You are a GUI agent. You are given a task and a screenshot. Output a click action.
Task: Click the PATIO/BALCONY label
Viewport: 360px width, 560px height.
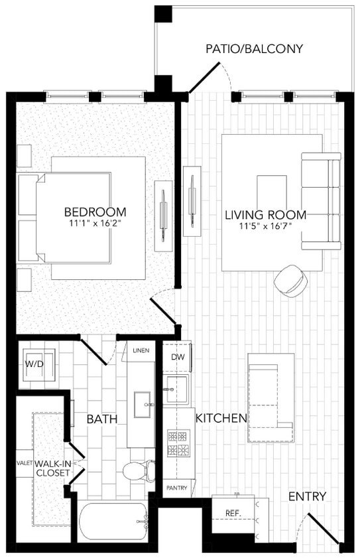click(x=254, y=48)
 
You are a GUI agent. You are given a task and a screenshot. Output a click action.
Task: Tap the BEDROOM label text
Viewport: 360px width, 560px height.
click(x=95, y=212)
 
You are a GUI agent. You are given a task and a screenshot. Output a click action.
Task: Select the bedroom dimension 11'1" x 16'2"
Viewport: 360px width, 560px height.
click(x=95, y=224)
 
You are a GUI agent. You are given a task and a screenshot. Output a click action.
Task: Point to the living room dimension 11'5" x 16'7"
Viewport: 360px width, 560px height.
click(x=265, y=226)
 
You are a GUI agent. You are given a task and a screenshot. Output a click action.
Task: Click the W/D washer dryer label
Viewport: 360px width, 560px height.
click(x=34, y=364)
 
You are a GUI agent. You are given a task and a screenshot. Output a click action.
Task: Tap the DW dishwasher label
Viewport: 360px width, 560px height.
click(x=178, y=357)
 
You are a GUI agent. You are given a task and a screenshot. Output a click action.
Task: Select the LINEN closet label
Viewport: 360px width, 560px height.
click(x=141, y=350)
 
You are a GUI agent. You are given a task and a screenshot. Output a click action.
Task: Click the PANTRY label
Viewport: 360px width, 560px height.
click(x=177, y=488)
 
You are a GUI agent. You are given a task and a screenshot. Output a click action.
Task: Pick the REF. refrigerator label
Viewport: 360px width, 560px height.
click(x=233, y=514)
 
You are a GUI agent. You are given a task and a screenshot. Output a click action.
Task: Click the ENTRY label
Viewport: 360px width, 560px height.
click(x=307, y=496)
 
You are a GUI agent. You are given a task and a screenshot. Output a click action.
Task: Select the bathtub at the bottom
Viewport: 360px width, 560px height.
click(x=113, y=522)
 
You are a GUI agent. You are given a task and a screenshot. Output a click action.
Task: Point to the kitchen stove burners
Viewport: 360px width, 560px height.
click(x=178, y=444)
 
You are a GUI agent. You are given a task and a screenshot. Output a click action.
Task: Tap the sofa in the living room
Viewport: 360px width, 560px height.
click(x=321, y=200)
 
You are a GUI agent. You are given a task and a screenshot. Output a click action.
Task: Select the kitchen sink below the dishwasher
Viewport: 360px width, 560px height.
click(x=177, y=389)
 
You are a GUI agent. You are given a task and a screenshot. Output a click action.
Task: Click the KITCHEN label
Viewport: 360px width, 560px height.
click(x=221, y=418)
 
